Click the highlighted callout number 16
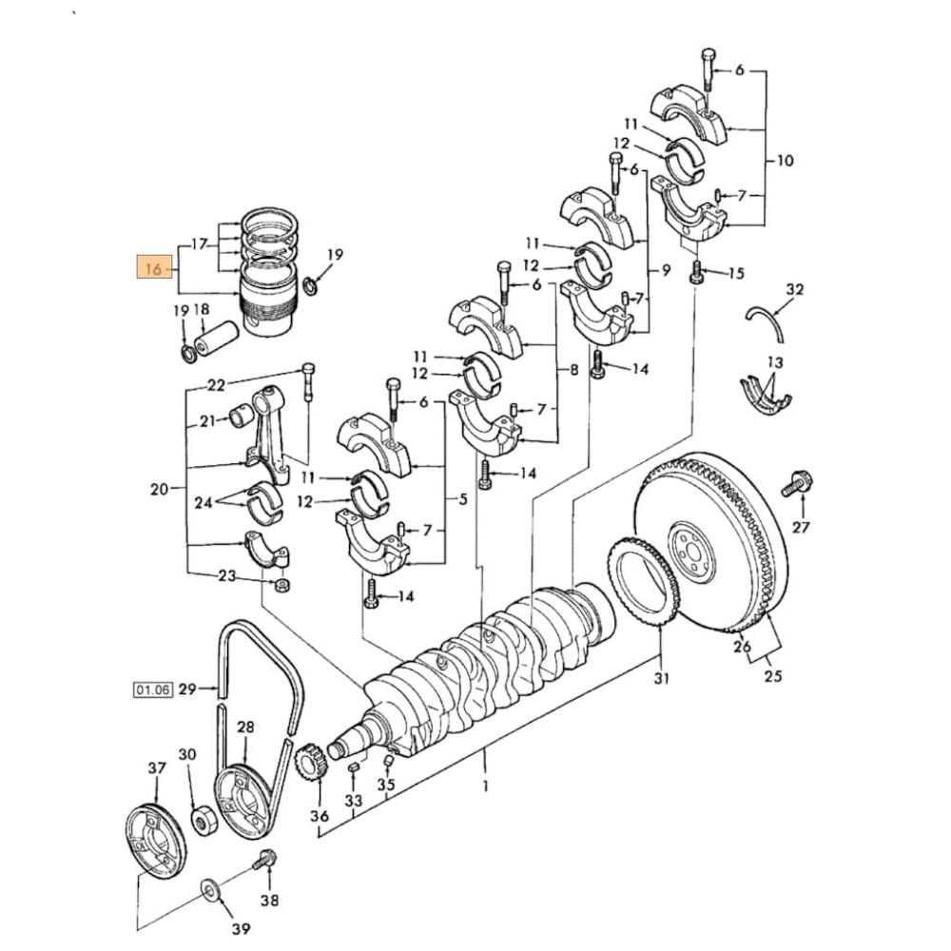(x=152, y=269)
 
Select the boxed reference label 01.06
(x=152, y=689)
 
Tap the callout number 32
(x=795, y=288)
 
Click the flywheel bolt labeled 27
(x=795, y=484)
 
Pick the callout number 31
(x=661, y=678)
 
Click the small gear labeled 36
(x=311, y=763)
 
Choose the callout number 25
(x=773, y=676)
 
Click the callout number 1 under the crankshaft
(x=485, y=786)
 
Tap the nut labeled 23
(x=281, y=584)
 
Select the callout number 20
(x=159, y=490)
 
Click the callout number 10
(x=785, y=161)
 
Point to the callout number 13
(x=775, y=362)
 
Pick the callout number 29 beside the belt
(x=186, y=689)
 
